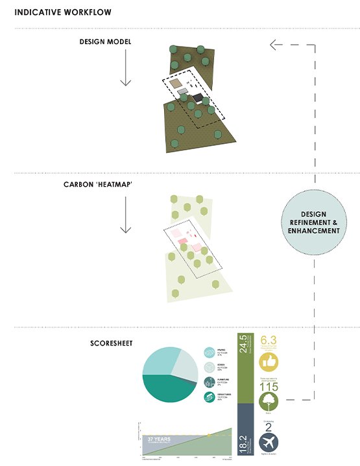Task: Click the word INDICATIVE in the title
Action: coord(37,12)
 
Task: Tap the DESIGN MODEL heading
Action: coord(106,41)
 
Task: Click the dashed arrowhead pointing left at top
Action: coord(275,45)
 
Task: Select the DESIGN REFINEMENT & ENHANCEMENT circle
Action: coord(314,222)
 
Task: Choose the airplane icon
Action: coord(269,444)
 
